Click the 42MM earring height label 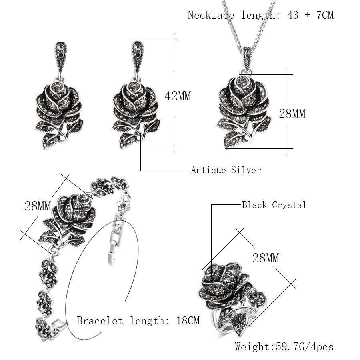tap(178, 96)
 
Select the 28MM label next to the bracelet tap(38, 206)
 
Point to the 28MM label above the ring tap(266, 258)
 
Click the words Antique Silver tap(226, 170)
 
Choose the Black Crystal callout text tap(274, 205)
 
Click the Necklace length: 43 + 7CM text tap(260, 15)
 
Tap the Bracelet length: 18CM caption tap(138, 321)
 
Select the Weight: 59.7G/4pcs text tap(284, 346)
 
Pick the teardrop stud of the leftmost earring tap(61, 54)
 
